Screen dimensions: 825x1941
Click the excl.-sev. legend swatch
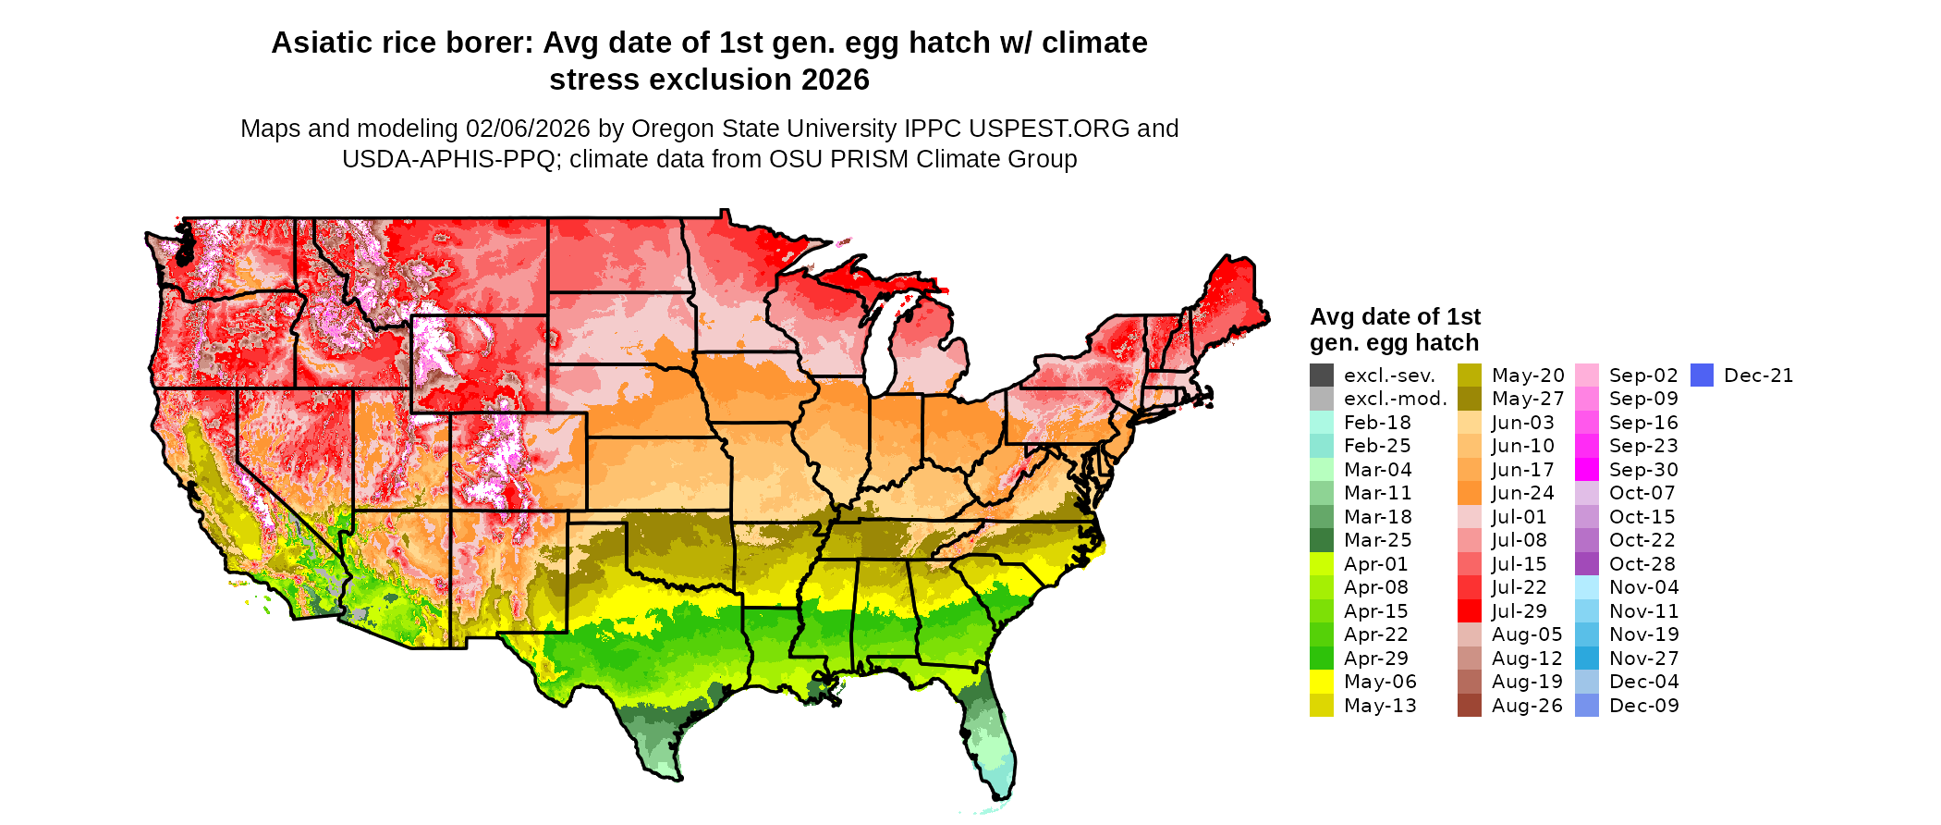click(1322, 376)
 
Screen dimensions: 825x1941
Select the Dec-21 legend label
click(1758, 376)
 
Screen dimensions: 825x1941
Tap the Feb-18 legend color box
click(1322, 423)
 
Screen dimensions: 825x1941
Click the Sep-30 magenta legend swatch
click(1586, 470)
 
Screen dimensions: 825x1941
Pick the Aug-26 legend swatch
click(1469, 706)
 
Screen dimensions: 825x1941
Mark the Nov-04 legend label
click(1643, 587)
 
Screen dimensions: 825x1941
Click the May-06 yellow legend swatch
click(1322, 682)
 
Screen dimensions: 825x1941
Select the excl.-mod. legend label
click(1395, 399)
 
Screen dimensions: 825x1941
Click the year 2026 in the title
click(836, 80)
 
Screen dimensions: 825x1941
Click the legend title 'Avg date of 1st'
click(1395, 316)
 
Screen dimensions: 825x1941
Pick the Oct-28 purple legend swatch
click(1586, 564)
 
